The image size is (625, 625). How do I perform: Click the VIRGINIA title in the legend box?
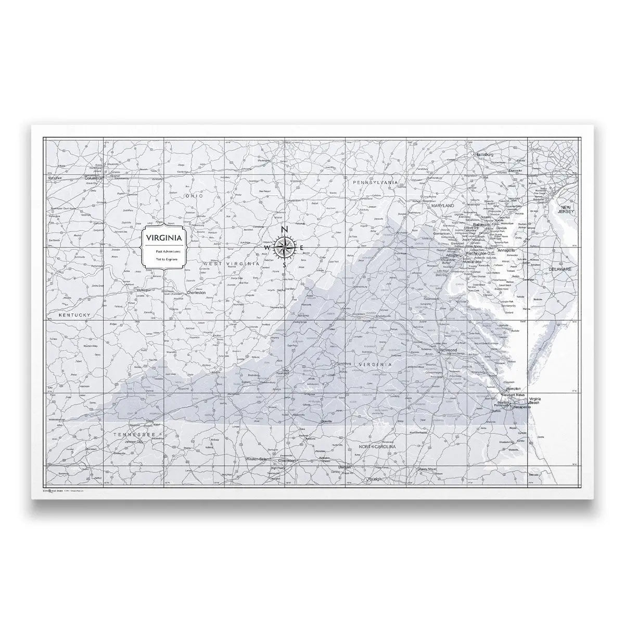coord(164,238)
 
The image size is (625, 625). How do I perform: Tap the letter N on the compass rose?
coord(284,230)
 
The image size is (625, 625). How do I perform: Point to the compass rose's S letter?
coord(284,264)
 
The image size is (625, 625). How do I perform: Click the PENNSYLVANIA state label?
coord(375,183)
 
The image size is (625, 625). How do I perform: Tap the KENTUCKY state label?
coord(74,315)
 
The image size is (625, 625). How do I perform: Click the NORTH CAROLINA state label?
coord(377,447)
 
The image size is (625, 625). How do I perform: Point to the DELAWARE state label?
coord(559,269)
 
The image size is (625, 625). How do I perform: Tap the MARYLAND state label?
coord(442,206)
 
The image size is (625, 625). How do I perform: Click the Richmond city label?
coord(448,351)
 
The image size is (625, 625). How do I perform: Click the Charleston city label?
coord(196,293)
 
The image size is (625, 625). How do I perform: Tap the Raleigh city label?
coord(374,479)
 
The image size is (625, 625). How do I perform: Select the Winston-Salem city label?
coord(258,459)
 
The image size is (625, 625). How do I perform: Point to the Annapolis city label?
coord(506,251)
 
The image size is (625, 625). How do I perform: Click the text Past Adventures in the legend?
coord(164,251)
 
